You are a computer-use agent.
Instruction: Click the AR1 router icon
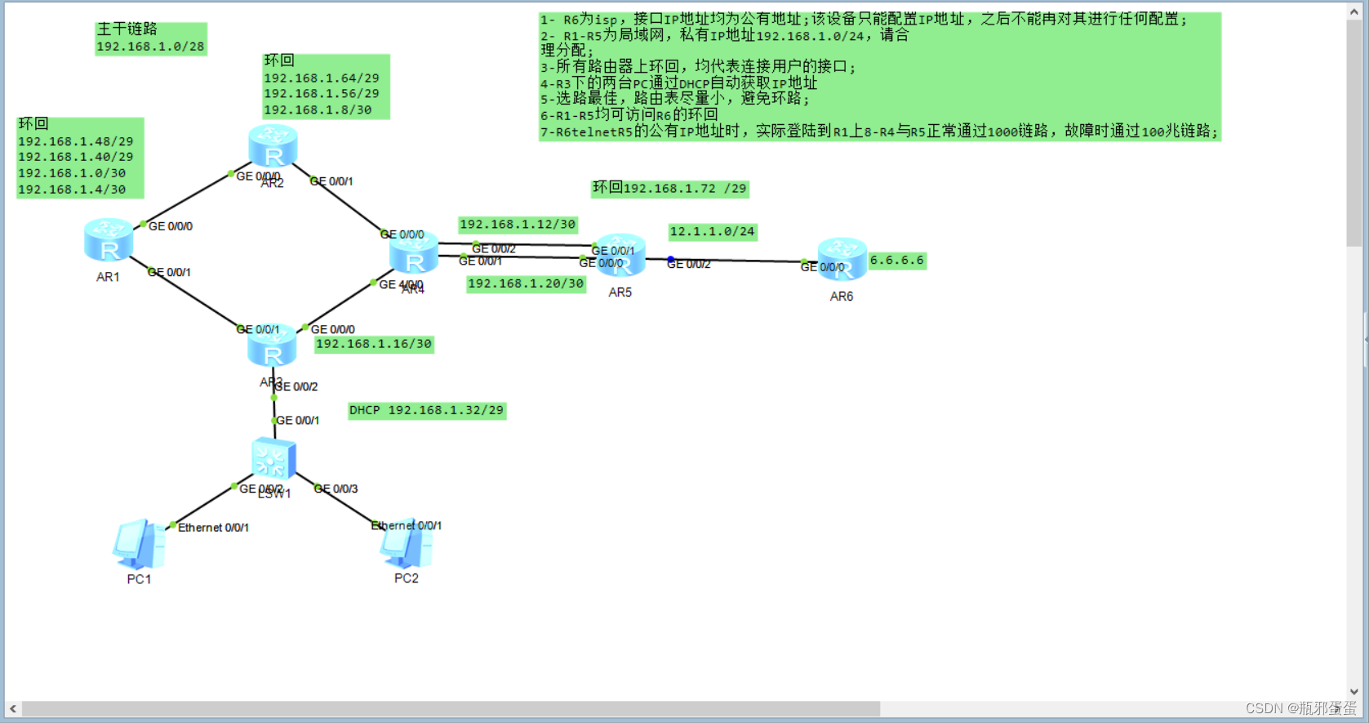(109, 240)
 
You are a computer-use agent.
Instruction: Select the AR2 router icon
(273, 145)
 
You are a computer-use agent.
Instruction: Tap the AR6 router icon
(842, 259)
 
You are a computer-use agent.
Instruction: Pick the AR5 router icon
(621, 255)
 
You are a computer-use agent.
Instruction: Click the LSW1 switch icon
(273, 458)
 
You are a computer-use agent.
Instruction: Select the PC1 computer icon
(139, 544)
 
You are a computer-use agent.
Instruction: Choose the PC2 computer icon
(406, 543)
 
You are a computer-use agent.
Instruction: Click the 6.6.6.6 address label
(896, 261)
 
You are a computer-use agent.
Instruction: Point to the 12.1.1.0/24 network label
(712, 232)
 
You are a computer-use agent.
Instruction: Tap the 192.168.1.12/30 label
(518, 225)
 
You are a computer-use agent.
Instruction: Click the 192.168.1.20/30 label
(526, 283)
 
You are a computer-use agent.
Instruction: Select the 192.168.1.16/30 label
(374, 344)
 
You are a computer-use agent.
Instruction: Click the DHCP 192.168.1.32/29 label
(426, 410)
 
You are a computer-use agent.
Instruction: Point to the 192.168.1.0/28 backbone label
(150, 47)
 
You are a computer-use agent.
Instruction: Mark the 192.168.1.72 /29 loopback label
(669, 189)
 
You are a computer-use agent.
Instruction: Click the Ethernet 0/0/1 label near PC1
(213, 528)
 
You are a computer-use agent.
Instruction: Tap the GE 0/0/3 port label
(336, 489)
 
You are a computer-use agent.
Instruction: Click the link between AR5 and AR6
(735, 261)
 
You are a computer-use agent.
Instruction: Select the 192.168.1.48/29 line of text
(75, 141)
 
